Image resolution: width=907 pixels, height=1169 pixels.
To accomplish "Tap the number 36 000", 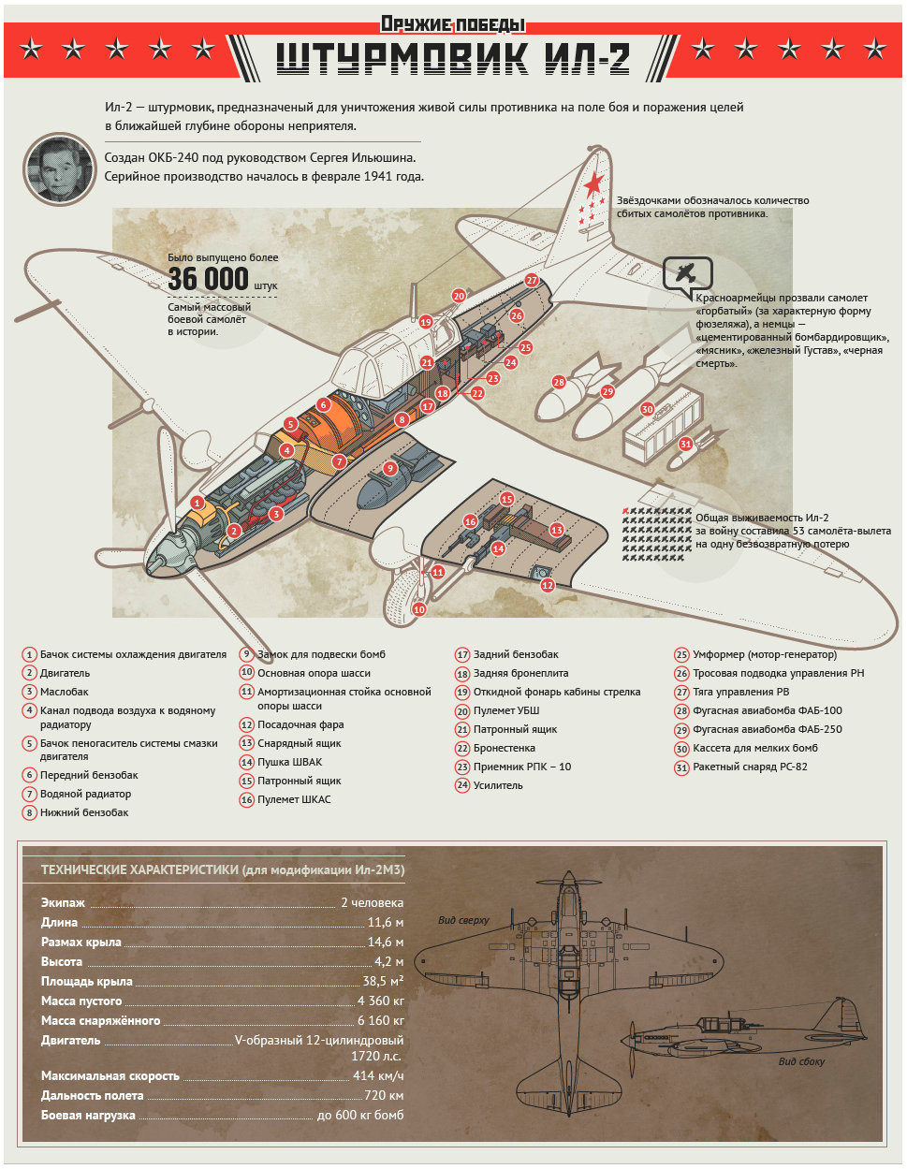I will click(209, 278).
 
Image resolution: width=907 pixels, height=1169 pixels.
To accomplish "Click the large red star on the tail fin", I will click(593, 183).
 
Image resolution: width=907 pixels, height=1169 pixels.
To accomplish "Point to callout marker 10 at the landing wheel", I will click(418, 609).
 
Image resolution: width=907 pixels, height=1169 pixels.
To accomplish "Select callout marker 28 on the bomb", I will click(559, 382).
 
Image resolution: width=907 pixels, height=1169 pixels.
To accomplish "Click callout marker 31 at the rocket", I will click(685, 445).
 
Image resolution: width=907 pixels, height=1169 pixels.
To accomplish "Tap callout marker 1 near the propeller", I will click(197, 503).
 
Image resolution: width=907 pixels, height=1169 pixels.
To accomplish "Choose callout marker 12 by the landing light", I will click(548, 585).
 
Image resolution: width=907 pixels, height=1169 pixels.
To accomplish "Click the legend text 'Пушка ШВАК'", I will click(290, 762).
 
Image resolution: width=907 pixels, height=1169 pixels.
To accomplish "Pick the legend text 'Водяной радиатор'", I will click(85, 794).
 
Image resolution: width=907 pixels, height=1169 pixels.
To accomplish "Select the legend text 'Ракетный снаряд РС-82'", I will click(750, 767).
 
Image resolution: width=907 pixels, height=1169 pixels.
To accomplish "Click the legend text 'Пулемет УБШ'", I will click(506, 710).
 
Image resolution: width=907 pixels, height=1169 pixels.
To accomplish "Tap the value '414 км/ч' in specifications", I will click(378, 1075).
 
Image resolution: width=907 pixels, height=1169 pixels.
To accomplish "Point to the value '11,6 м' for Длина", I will click(386, 922).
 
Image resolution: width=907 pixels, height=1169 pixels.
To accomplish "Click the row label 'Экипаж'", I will click(63, 902).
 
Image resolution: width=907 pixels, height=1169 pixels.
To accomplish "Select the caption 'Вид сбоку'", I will click(801, 1061).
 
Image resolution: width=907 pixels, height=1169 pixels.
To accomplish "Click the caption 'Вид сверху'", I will click(463, 920).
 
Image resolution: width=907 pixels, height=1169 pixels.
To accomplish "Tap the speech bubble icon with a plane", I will click(687, 273).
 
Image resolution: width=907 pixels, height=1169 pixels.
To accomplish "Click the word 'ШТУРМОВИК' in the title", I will click(402, 58).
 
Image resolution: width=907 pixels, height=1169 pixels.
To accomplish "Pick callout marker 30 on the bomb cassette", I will click(647, 409).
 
